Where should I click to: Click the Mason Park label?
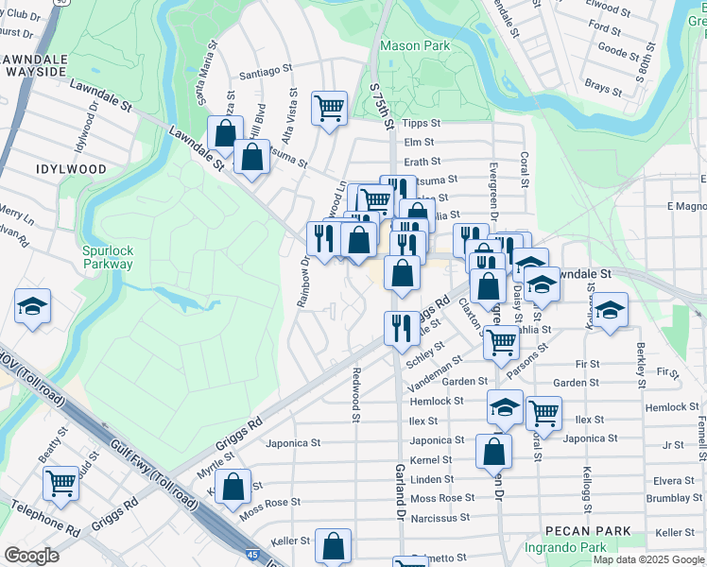(x=415, y=44)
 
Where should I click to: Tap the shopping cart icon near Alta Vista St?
(x=329, y=107)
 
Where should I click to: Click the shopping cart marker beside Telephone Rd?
(x=61, y=482)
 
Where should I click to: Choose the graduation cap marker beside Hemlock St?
(x=505, y=407)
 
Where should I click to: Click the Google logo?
(x=31, y=556)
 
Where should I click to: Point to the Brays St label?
(x=602, y=85)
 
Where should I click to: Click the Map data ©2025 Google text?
(x=648, y=559)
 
